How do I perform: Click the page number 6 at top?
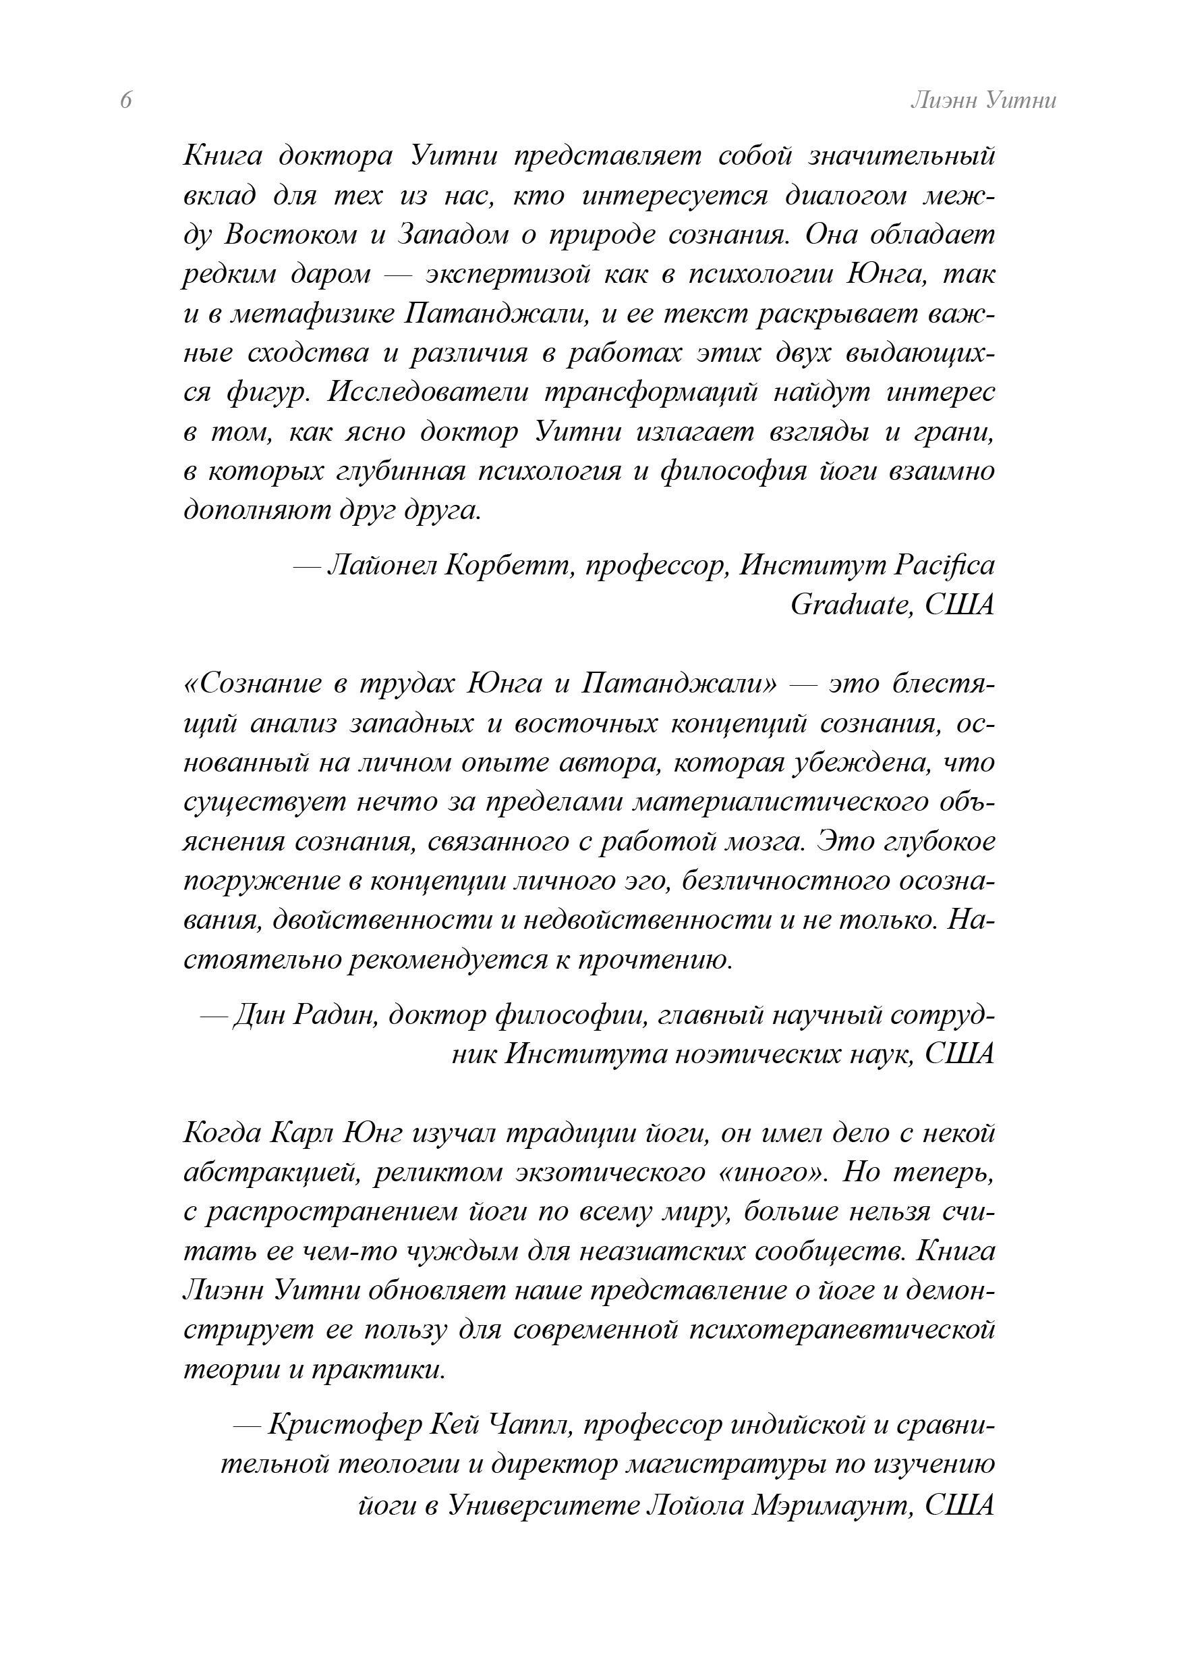click(x=126, y=100)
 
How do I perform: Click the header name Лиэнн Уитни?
click(x=983, y=100)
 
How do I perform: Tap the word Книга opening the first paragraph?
click(x=221, y=157)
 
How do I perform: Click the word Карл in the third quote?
click(x=302, y=1133)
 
